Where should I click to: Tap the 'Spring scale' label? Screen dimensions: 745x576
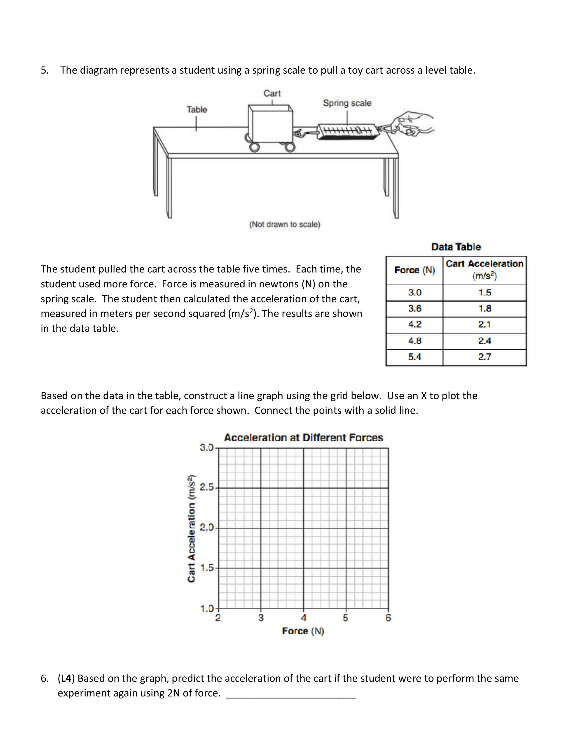click(x=347, y=103)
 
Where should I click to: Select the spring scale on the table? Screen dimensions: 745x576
click(x=347, y=131)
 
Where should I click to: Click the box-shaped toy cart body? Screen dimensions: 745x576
click(x=270, y=125)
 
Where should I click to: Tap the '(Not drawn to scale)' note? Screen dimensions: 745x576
click(x=285, y=224)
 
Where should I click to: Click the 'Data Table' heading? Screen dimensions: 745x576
click(x=456, y=247)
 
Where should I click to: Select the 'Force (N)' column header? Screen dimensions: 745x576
click(x=414, y=270)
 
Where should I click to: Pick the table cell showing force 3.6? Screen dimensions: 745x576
click(x=414, y=309)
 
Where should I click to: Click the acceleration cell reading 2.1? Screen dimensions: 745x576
click(x=485, y=324)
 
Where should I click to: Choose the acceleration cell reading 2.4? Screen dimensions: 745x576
click(x=485, y=341)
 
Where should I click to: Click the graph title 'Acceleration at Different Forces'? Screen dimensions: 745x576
click(x=303, y=438)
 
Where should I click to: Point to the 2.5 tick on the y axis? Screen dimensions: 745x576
click(x=206, y=487)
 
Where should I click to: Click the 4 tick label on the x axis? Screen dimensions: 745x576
click(x=303, y=618)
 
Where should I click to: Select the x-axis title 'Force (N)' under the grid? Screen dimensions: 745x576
click(x=303, y=631)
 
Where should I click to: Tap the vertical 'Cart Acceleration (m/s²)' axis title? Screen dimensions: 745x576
click(x=191, y=528)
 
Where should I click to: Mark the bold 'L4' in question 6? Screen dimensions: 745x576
click(x=66, y=678)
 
